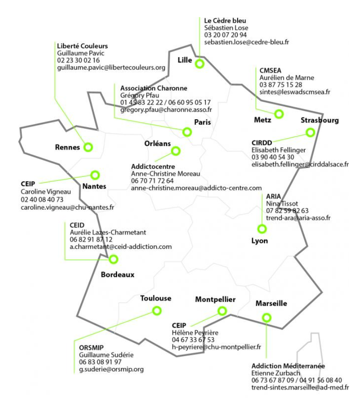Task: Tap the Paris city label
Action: click(x=202, y=122)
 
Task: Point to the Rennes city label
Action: click(x=67, y=147)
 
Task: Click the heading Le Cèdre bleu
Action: click(x=225, y=21)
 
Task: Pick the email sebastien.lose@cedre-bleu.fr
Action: click(x=247, y=42)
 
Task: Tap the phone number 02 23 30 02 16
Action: click(x=78, y=60)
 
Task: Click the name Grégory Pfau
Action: click(x=140, y=95)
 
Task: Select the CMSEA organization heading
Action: click(x=270, y=71)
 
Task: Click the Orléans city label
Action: click(x=158, y=143)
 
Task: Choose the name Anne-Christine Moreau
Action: click(x=165, y=174)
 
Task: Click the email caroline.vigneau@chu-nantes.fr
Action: click(x=67, y=207)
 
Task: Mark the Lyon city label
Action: click(x=260, y=241)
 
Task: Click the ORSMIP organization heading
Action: click(x=91, y=348)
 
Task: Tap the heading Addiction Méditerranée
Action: click(x=288, y=366)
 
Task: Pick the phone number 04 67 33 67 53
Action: click(x=193, y=340)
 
